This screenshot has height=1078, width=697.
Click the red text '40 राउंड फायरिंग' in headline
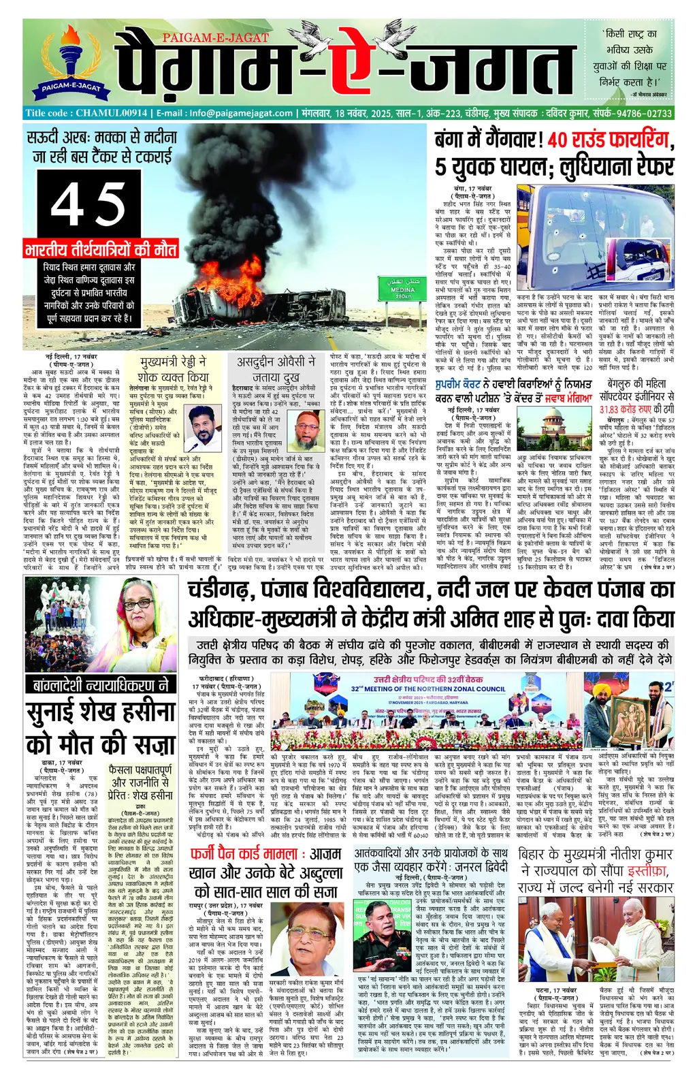tap(609, 140)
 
